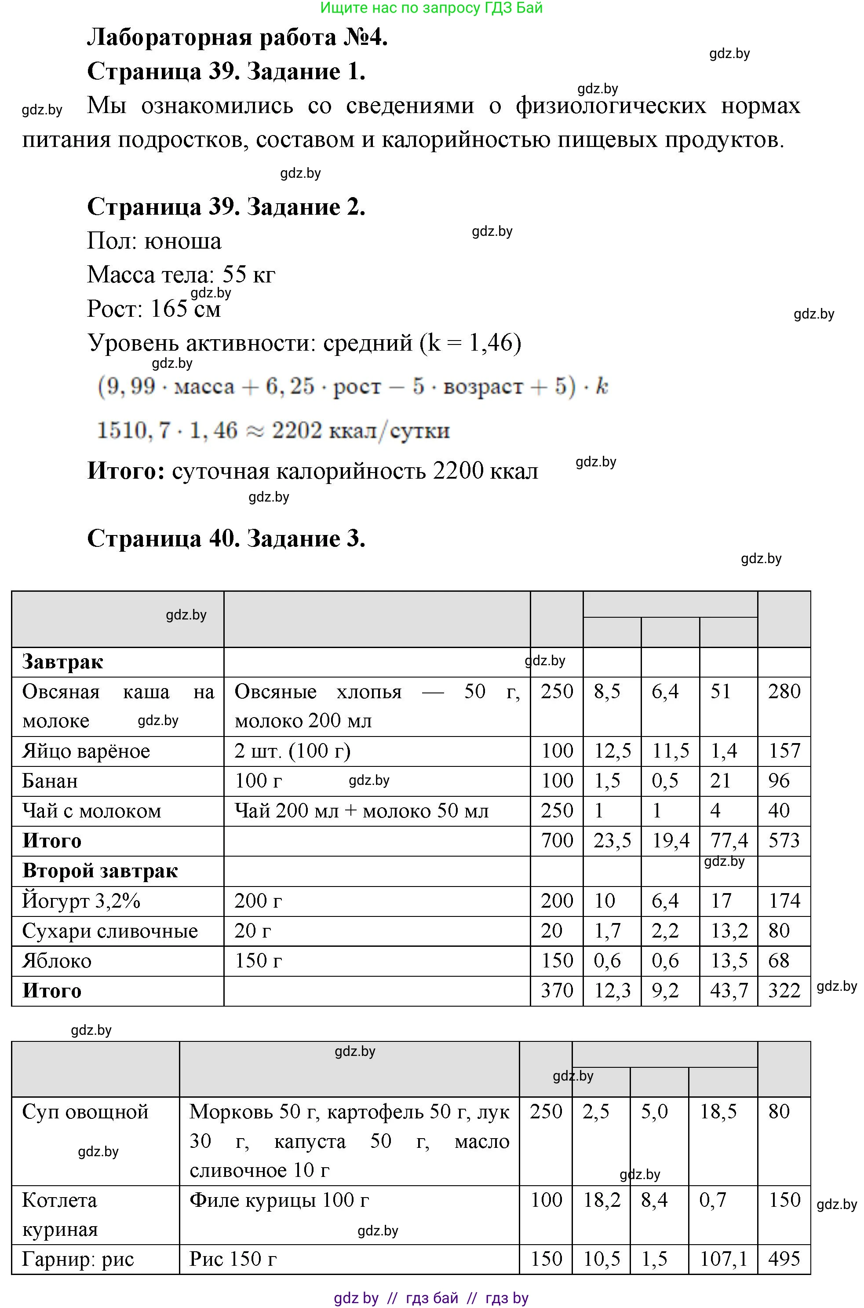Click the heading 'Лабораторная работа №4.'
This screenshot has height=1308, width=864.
[237, 37]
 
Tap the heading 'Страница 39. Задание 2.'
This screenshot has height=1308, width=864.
[226, 207]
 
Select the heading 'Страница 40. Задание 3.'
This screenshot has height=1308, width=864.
[226, 538]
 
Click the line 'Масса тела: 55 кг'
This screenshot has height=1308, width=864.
[181, 275]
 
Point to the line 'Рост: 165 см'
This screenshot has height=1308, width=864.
[154, 309]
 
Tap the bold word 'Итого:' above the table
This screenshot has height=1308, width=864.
[126, 471]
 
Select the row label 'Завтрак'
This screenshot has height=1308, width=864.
[62, 661]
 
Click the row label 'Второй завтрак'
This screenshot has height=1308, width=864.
[100, 871]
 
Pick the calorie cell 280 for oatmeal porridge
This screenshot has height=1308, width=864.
[784, 691]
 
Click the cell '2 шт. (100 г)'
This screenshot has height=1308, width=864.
[292, 751]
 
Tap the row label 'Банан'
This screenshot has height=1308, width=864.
[50, 781]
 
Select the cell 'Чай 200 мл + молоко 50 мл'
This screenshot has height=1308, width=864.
[361, 811]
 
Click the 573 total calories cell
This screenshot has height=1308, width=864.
[784, 841]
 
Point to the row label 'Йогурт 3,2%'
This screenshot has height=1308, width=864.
[81, 901]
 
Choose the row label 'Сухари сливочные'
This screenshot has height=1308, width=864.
[109, 931]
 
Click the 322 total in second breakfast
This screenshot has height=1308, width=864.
[784, 990]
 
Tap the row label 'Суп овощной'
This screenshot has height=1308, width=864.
[85, 1112]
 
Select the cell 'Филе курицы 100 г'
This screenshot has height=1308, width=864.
[279, 1200]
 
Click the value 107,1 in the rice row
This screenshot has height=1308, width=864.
[722, 1259]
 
